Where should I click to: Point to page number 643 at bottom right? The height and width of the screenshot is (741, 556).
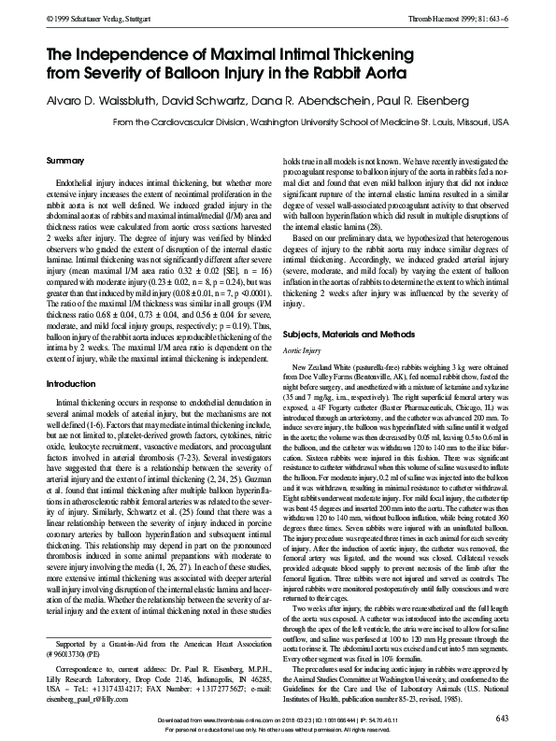point(500,718)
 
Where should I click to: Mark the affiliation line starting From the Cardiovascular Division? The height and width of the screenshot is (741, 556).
point(309,121)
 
